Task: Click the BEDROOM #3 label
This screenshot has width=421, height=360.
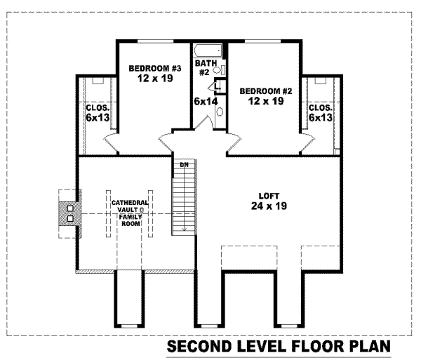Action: [155, 68]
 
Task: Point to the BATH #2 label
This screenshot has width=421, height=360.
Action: [203, 68]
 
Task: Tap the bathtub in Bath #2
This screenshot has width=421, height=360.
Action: [208, 51]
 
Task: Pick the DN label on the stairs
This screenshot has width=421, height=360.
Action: [185, 165]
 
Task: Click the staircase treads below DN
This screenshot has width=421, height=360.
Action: [184, 200]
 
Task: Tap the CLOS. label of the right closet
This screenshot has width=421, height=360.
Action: [320, 108]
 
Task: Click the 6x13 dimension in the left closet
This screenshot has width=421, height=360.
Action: [97, 118]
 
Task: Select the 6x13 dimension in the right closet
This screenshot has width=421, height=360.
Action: [321, 118]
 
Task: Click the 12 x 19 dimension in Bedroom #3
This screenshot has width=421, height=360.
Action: [155, 79]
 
